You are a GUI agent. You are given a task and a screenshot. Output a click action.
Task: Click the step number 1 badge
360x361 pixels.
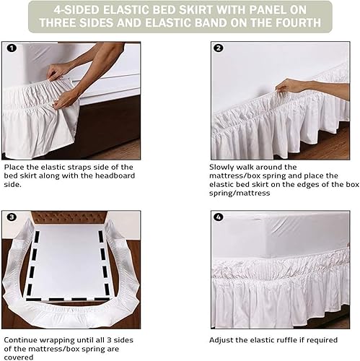click(12, 48)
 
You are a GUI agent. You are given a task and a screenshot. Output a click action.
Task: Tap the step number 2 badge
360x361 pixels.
click(219, 48)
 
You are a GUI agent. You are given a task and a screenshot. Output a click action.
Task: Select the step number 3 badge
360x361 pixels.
click(12, 217)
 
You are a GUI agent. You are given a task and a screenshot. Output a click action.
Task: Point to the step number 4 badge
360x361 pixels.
click(219, 217)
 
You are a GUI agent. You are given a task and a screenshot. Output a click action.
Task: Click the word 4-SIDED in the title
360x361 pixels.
click(76, 10)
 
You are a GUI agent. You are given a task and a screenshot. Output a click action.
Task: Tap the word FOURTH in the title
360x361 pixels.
click(297, 22)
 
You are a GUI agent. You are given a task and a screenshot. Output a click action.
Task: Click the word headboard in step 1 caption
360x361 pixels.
click(115, 175)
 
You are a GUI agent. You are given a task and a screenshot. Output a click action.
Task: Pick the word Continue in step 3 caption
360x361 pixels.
click(20, 340)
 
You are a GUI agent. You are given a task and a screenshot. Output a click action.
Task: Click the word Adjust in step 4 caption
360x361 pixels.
click(221, 340)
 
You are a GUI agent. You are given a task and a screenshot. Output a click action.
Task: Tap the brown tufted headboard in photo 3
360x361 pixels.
click(69, 217)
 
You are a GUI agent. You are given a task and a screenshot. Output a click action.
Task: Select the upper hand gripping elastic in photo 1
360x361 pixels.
click(58, 71)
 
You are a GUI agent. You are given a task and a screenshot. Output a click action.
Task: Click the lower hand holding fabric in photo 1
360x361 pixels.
click(64, 100)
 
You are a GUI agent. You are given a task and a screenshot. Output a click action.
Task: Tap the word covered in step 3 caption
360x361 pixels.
click(19, 357)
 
